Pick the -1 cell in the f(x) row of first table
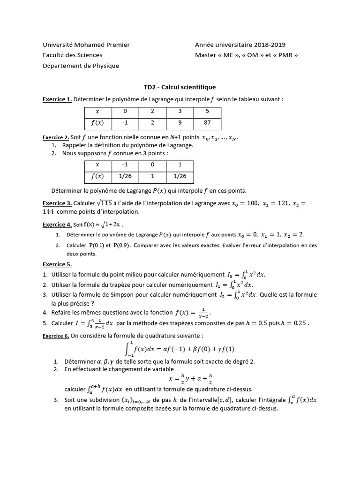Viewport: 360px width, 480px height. pos(125,123)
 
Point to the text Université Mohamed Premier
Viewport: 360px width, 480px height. pos(86,45)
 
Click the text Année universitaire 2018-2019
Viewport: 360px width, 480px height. pos(240,45)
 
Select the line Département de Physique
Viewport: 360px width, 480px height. pos(81,66)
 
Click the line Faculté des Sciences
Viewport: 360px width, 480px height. pos(73,55)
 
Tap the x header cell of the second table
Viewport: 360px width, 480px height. pos(97,165)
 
